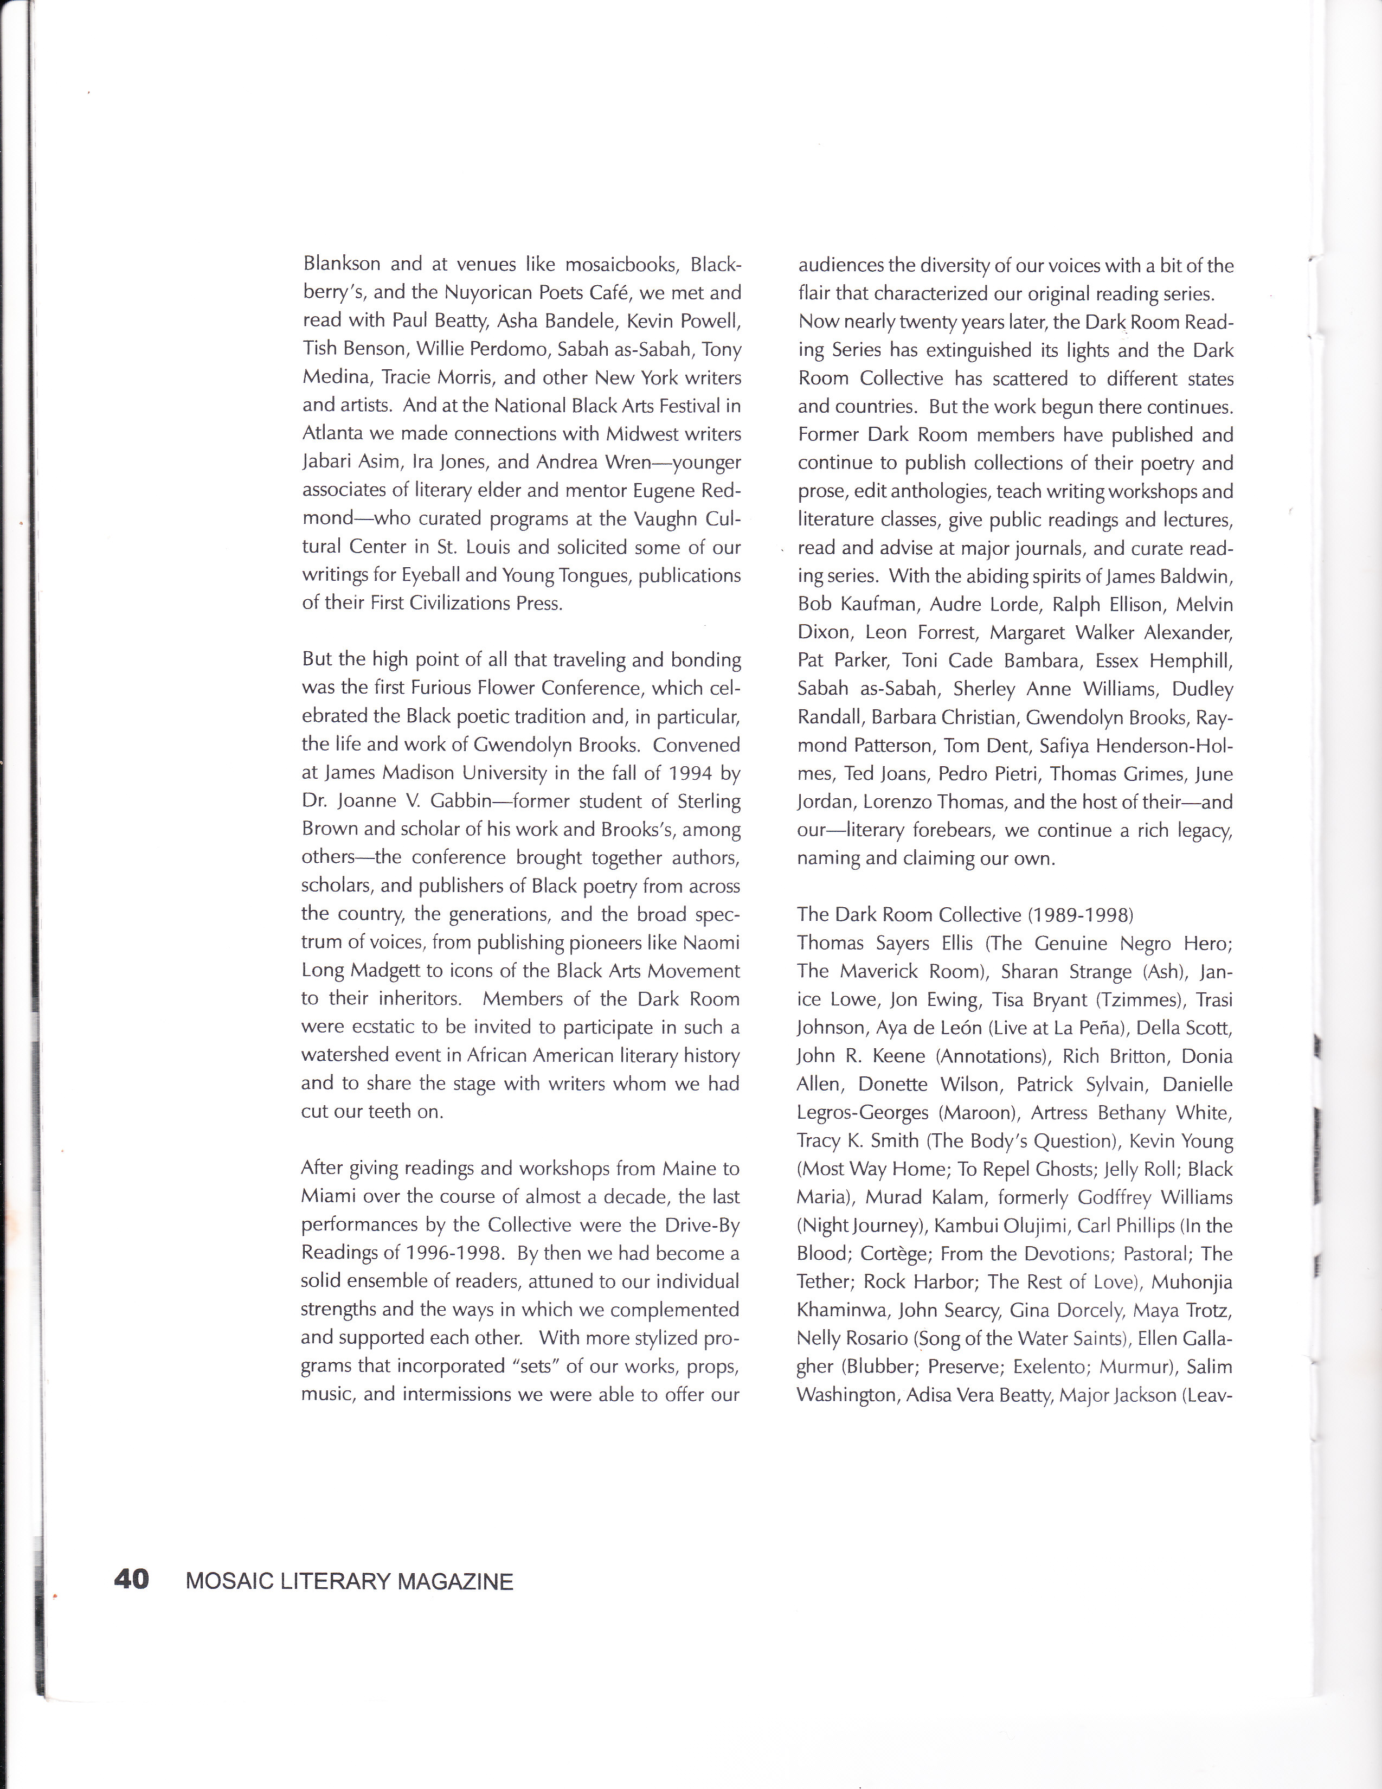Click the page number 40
(x=131, y=1579)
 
